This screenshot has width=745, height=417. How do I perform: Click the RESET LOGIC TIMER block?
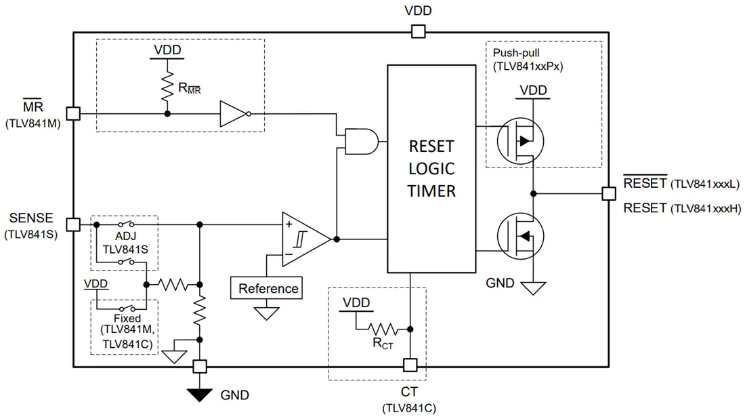pos(431,169)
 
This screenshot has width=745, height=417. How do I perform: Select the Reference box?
pos(267,288)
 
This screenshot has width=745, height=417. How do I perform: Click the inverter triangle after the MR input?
pos(233,114)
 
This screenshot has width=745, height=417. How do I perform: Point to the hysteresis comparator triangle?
pos(305,239)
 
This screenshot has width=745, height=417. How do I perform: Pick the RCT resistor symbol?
pos(383,329)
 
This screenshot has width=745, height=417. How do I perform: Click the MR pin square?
pos(73,114)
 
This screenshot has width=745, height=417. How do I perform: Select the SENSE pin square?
pos(73,224)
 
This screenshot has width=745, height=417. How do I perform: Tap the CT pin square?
pos(410,365)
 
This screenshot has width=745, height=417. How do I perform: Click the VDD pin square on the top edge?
pos(418,31)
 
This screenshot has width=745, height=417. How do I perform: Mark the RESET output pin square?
pos(609,193)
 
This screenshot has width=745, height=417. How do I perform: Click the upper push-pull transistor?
pos(520,141)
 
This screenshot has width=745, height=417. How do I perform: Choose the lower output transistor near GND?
pos(520,236)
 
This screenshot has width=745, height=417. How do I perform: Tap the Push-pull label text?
pos(516,53)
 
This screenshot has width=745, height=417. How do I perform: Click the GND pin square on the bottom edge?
pos(200,367)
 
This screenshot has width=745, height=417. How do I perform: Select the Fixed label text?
pos(127,318)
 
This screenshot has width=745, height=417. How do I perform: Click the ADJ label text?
pos(125,237)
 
